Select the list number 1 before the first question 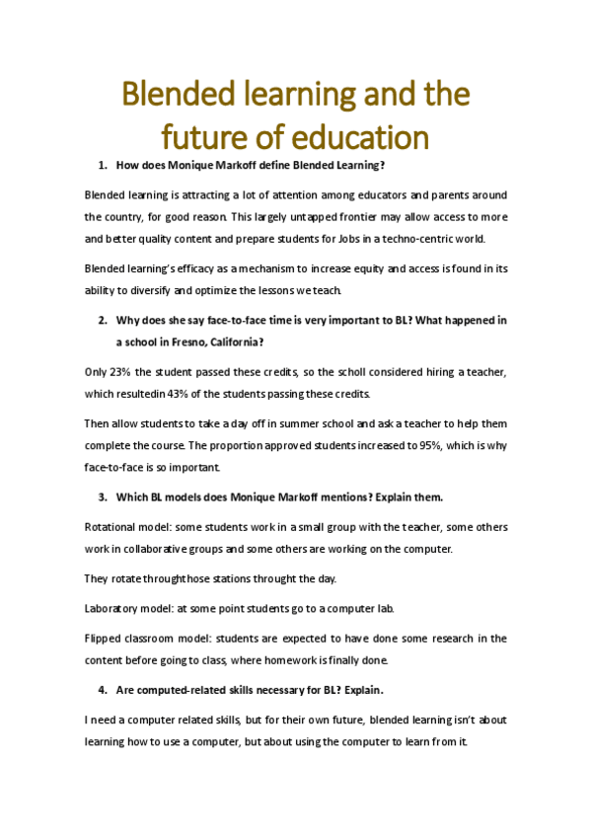(x=102, y=165)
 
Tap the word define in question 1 (x=260, y=165)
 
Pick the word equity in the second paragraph (x=377, y=268)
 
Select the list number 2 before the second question (x=102, y=320)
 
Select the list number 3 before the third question (x=102, y=495)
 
